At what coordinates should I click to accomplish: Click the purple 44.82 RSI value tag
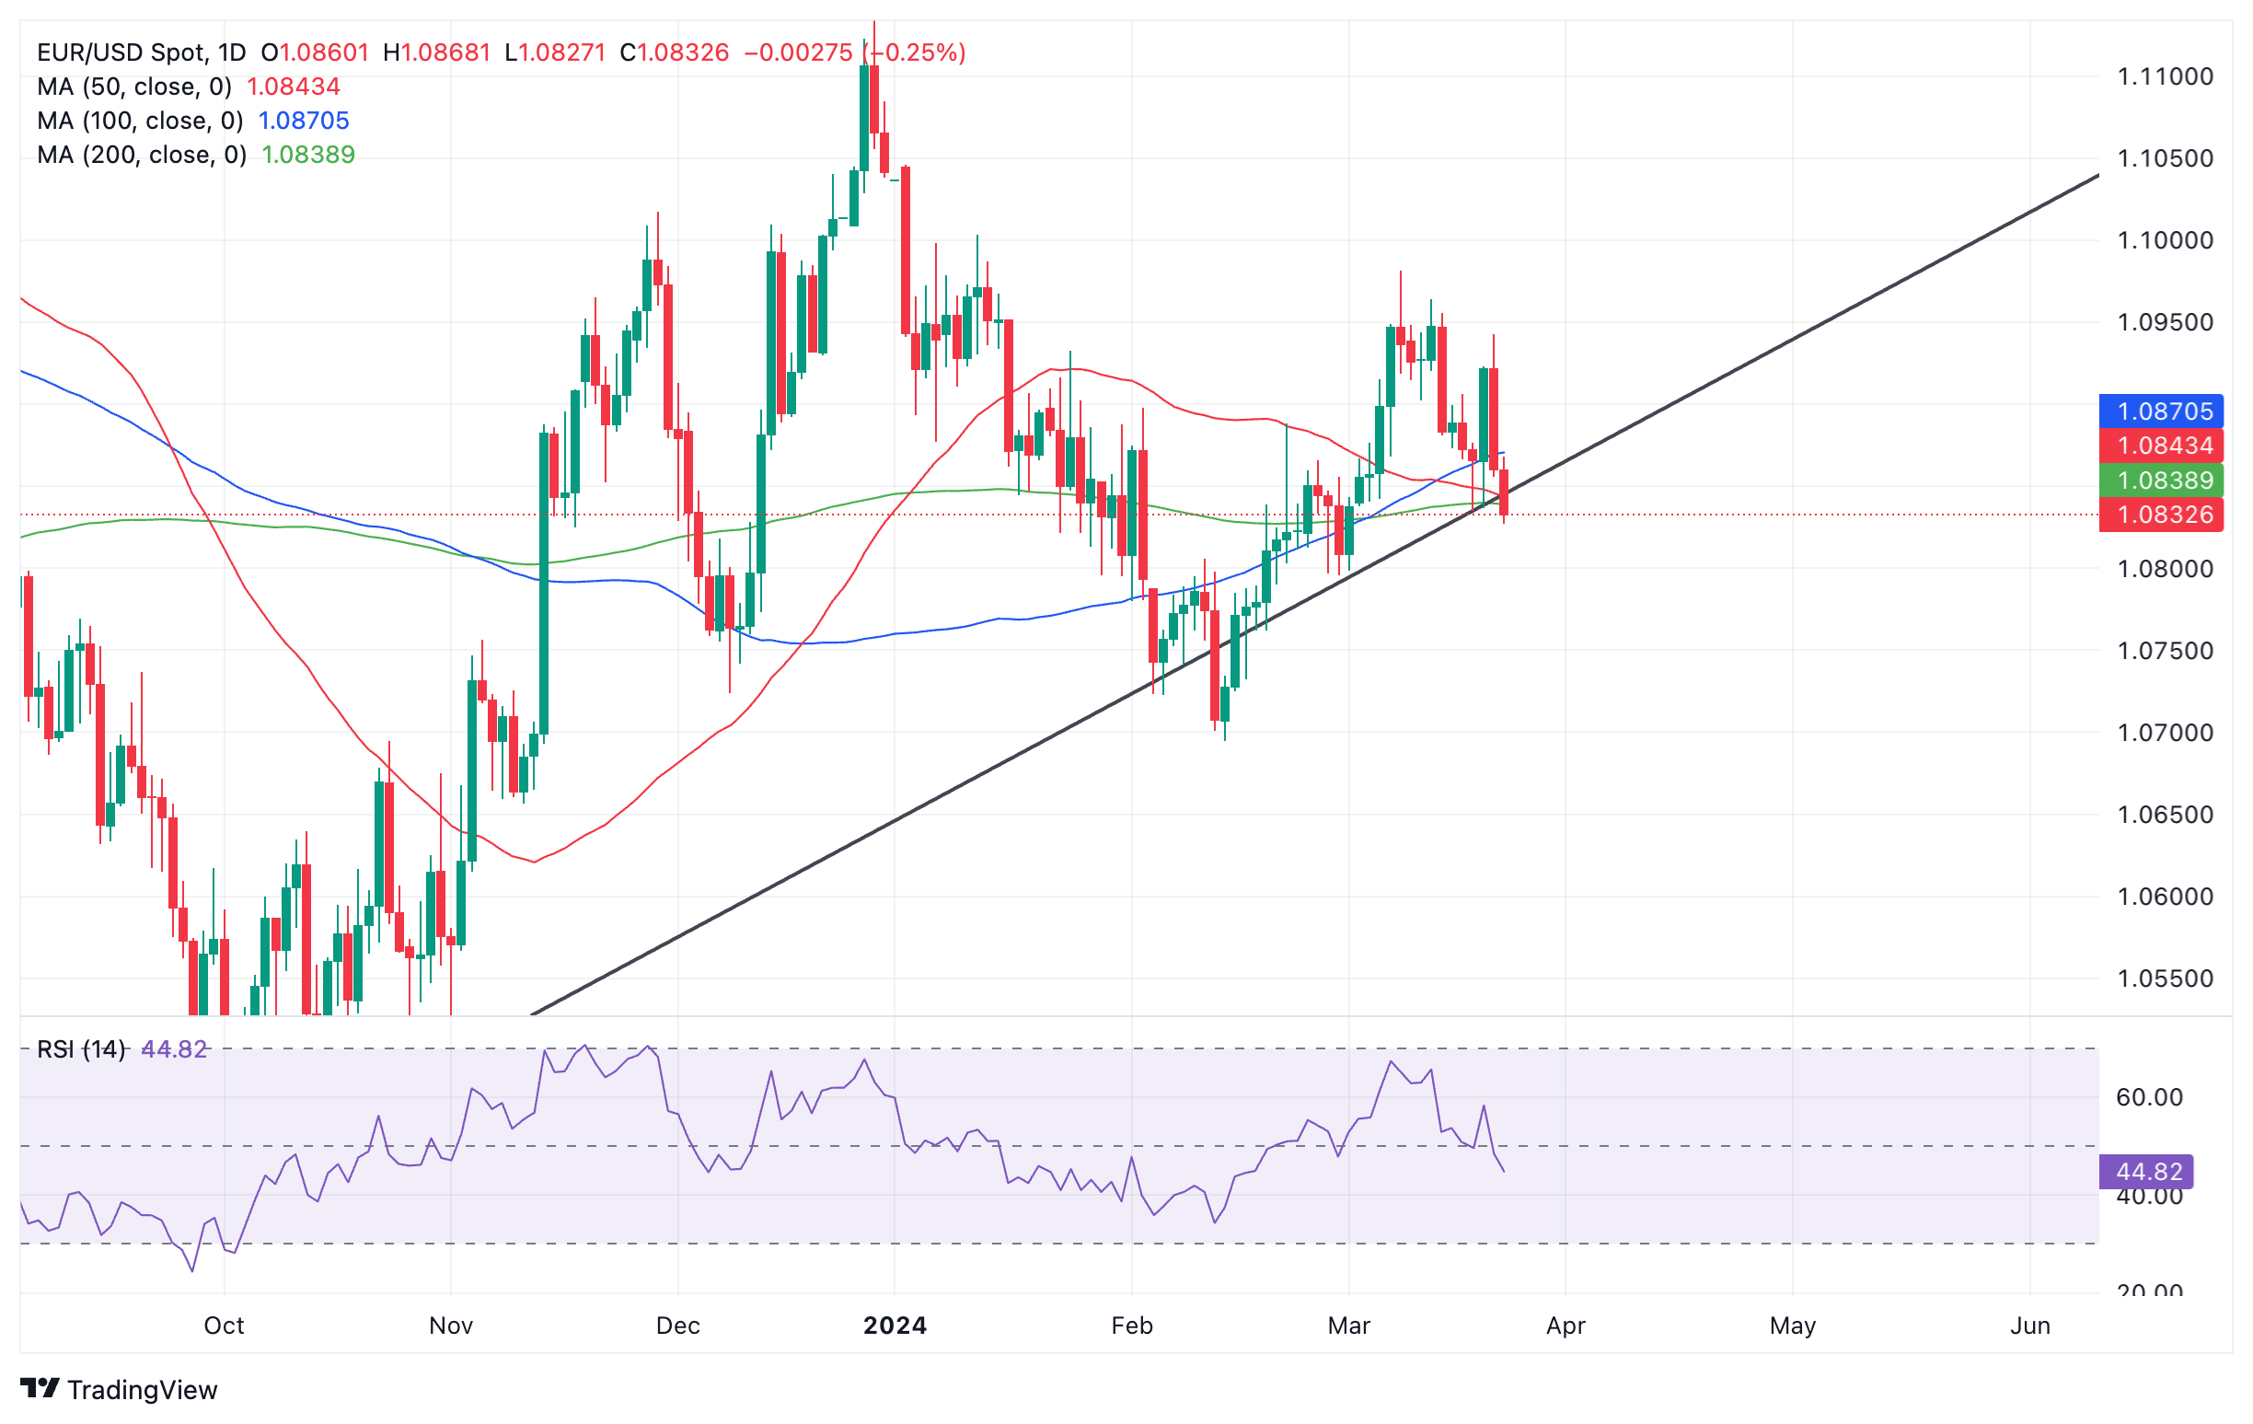point(2148,1172)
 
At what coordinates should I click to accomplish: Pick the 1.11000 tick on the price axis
point(2164,76)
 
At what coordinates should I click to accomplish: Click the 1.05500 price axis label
point(2164,978)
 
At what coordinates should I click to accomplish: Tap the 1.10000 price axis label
point(2164,240)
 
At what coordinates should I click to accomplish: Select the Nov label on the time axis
point(451,1326)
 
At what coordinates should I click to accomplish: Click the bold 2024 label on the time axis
point(895,1326)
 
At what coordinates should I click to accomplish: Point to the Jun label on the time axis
point(2029,1326)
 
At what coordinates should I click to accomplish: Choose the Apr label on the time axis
point(1566,1326)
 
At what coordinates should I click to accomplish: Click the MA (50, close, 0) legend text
point(133,87)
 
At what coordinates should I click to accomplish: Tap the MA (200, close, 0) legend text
point(142,155)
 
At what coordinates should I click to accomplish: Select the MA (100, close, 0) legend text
point(139,121)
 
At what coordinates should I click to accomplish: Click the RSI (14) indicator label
point(80,1048)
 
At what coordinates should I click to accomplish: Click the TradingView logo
point(119,1389)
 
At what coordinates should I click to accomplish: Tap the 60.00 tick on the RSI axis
point(2149,1097)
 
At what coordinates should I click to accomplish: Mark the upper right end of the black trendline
point(2097,176)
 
